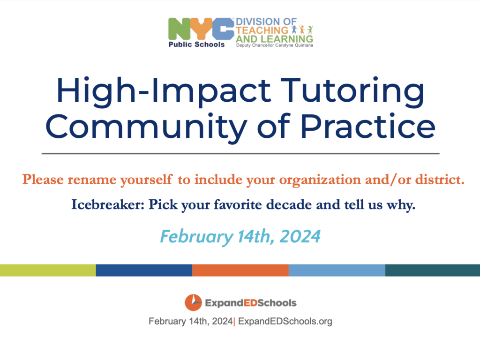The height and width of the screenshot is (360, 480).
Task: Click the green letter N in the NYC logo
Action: point(180,29)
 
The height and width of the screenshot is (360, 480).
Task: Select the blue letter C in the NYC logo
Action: point(224,29)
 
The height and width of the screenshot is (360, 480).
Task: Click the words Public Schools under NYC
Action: point(196,45)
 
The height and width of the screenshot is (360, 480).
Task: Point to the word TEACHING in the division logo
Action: point(262,30)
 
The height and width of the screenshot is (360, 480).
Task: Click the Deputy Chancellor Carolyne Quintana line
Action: point(275,45)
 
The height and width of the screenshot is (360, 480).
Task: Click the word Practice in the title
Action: point(367,126)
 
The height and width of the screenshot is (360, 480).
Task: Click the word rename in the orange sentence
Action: point(92,180)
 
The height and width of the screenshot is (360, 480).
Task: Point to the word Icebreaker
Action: point(108,204)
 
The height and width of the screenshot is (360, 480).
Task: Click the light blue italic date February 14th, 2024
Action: point(240,236)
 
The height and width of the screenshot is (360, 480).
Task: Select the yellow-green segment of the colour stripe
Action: point(48,270)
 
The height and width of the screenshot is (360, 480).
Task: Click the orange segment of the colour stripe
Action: point(240,270)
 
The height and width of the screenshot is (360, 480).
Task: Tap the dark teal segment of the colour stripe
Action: point(433,270)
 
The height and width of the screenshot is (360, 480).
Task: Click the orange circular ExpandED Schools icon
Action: point(193,302)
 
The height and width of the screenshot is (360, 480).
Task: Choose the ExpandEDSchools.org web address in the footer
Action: point(285,322)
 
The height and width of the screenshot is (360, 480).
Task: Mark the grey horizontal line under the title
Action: point(240,153)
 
